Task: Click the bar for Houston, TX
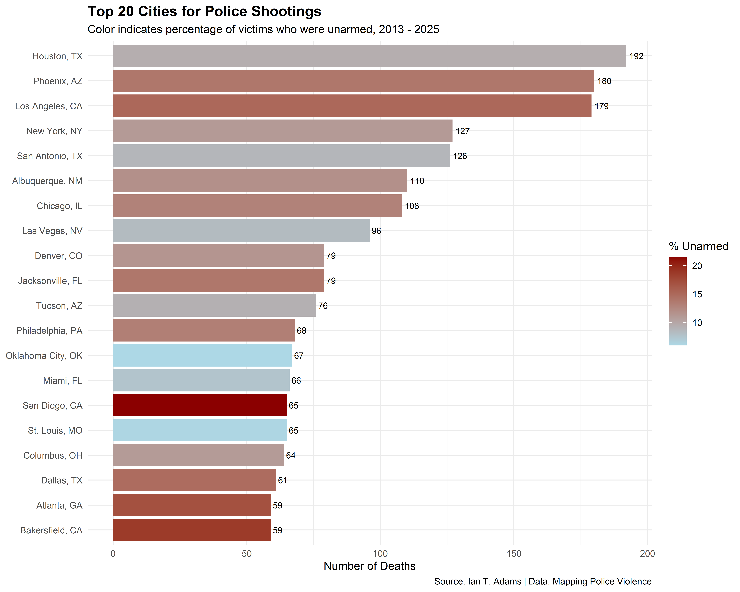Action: pyautogui.click(x=369, y=56)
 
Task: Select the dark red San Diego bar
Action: pyautogui.click(x=200, y=405)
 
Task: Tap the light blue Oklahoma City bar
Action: pyautogui.click(x=203, y=356)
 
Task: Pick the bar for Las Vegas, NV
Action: pyautogui.click(x=241, y=231)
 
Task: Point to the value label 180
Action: pyautogui.click(x=604, y=81)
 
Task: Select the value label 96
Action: pyautogui.click(x=376, y=231)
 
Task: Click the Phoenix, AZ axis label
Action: pyautogui.click(x=58, y=81)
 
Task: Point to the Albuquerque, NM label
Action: pyautogui.click(x=47, y=181)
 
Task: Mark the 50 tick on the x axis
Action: pyautogui.click(x=246, y=554)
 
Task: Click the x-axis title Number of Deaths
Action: pyautogui.click(x=369, y=566)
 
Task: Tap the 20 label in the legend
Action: pyautogui.click(x=697, y=266)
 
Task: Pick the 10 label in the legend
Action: pyautogui.click(x=697, y=323)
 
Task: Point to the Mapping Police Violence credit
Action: pyautogui.click(x=590, y=581)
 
